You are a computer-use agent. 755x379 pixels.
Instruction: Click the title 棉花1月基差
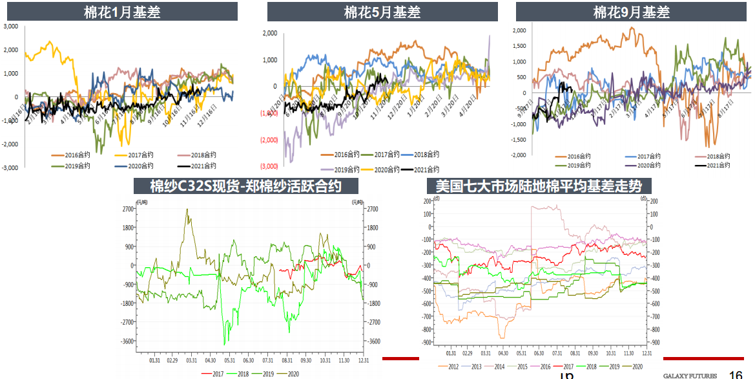[x=122, y=12]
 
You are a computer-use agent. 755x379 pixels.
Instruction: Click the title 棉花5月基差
[x=382, y=12]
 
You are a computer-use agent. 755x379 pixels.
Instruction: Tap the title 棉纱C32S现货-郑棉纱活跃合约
[x=245, y=186]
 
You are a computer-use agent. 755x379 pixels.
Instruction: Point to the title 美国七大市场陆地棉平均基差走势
[x=538, y=186]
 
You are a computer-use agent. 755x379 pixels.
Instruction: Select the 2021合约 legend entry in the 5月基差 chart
[x=424, y=169]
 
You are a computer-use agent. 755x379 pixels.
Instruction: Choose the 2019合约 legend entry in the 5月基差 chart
[x=346, y=169]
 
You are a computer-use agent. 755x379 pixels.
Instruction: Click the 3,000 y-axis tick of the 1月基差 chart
[x=10, y=27]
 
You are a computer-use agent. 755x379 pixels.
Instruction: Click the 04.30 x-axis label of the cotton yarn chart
[x=211, y=360]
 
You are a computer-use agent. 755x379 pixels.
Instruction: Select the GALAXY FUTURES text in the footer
[x=690, y=375]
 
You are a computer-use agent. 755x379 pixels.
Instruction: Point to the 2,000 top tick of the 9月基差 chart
[x=519, y=30]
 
